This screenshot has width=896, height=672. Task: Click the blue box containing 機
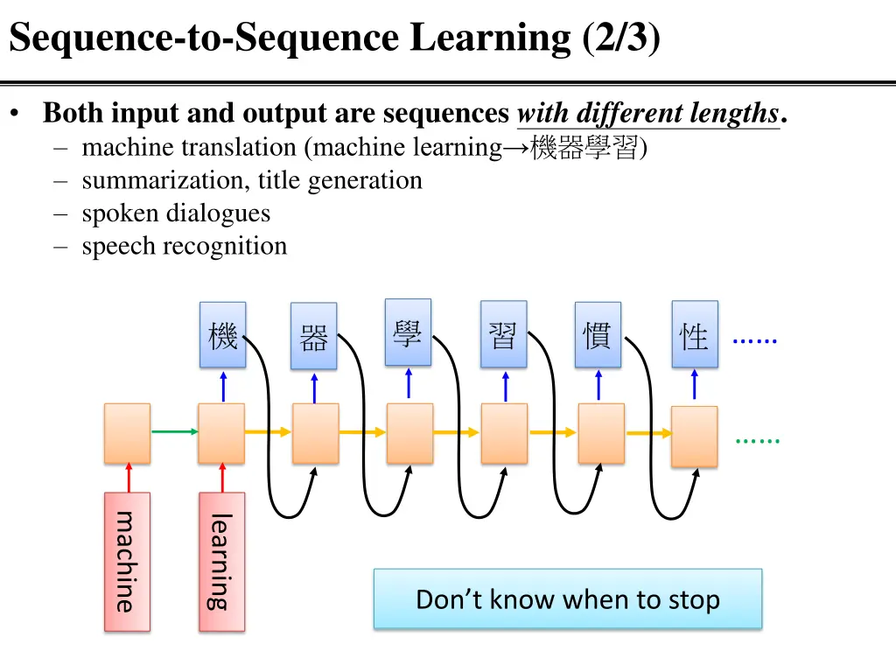[x=222, y=335]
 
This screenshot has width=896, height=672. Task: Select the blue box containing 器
[x=313, y=337]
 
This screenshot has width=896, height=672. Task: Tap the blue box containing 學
[x=408, y=332]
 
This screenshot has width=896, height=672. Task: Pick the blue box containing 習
[x=503, y=334]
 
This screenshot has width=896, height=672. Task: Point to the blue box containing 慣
[x=598, y=335]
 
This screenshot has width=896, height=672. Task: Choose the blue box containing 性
[x=694, y=335]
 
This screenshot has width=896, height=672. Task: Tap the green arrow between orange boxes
[x=174, y=431]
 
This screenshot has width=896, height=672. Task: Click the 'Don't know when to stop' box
[x=567, y=599]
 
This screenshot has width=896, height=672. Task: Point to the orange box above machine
[x=127, y=433]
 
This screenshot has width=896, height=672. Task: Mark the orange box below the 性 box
[x=694, y=436]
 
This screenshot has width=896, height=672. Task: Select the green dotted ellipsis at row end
[x=757, y=441]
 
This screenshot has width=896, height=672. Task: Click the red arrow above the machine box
[x=128, y=478]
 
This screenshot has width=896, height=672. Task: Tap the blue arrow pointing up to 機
[x=223, y=385]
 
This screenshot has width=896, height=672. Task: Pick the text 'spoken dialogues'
[x=176, y=213]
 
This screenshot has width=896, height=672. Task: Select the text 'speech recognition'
[x=184, y=246]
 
